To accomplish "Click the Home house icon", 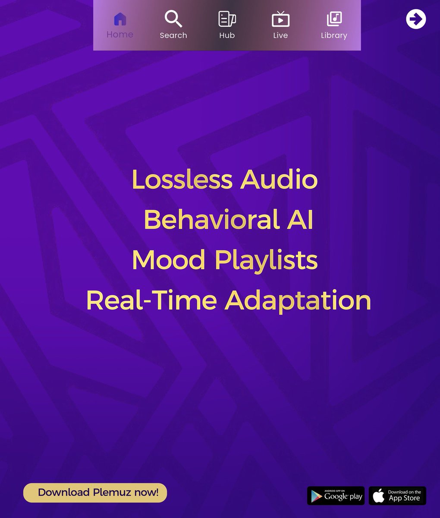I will (120, 19).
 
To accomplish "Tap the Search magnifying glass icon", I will (173, 19).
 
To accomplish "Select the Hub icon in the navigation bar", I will (227, 19).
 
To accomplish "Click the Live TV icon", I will (280, 19).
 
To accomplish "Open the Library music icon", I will (334, 19).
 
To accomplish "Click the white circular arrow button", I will (416, 19).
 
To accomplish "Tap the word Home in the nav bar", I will (120, 35).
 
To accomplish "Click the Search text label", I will (173, 35).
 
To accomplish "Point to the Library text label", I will (334, 35).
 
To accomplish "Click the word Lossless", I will (182, 179).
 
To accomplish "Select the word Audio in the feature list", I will (279, 179).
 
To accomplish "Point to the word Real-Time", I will (151, 300).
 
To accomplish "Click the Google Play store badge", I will (336, 496).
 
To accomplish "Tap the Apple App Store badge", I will (397, 496).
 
